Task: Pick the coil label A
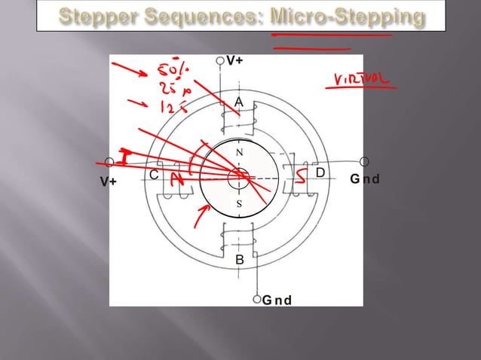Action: click(239, 102)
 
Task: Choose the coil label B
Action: click(240, 261)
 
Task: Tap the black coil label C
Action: click(154, 175)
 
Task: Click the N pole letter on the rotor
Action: click(239, 152)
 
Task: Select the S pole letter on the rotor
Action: click(239, 205)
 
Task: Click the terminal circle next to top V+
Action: click(220, 60)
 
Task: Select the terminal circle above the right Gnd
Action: click(365, 162)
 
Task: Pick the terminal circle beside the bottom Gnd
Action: click(258, 298)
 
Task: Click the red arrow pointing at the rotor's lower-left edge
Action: click(201, 218)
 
